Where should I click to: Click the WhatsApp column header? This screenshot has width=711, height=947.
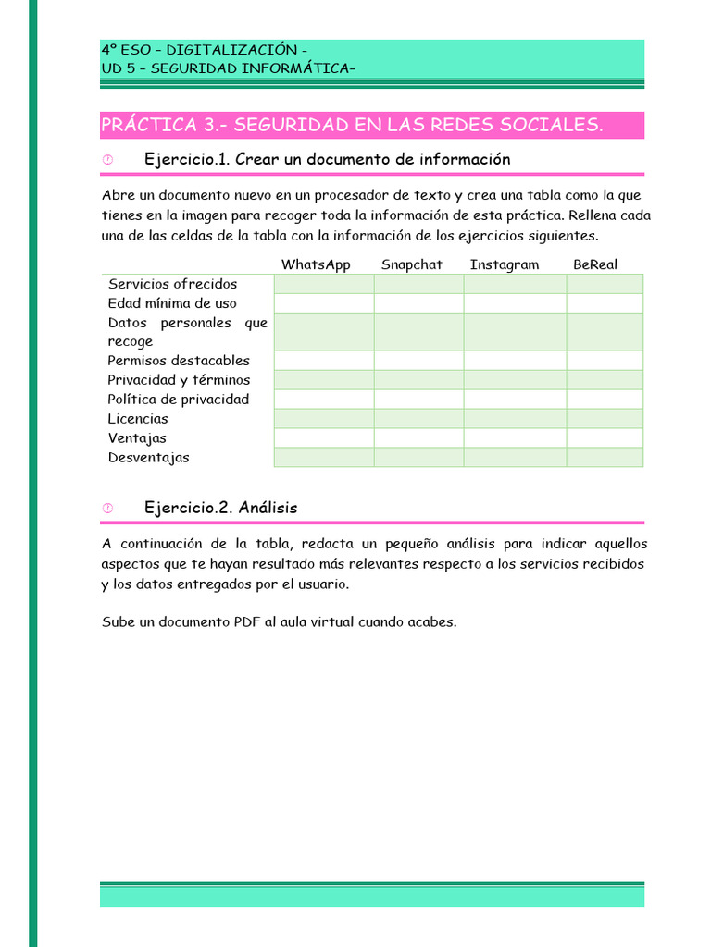click(316, 264)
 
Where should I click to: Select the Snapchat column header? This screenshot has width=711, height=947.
click(411, 264)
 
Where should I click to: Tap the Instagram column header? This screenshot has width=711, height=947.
click(504, 264)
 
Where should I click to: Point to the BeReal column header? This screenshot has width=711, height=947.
click(594, 264)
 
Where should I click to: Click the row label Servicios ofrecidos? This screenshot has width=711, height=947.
click(172, 284)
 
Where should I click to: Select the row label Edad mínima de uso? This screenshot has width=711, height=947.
click(172, 303)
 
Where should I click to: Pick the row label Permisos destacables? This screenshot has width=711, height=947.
click(179, 361)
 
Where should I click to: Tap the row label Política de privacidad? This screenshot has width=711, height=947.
click(179, 400)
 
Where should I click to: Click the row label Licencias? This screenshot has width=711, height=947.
click(138, 419)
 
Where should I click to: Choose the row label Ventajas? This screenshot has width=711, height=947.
click(137, 438)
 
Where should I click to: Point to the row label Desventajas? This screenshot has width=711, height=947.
click(148, 458)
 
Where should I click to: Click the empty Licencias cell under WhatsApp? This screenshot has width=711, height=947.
click(324, 419)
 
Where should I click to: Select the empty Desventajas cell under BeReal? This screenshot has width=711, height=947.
click(605, 458)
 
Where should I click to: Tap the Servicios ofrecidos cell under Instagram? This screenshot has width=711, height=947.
click(515, 284)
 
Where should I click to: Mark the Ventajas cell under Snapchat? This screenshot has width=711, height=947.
click(418, 438)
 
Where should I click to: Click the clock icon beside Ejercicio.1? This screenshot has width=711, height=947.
click(107, 160)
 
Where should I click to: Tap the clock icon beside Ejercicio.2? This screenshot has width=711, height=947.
click(107, 509)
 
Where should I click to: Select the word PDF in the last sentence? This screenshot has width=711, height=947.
click(247, 621)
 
